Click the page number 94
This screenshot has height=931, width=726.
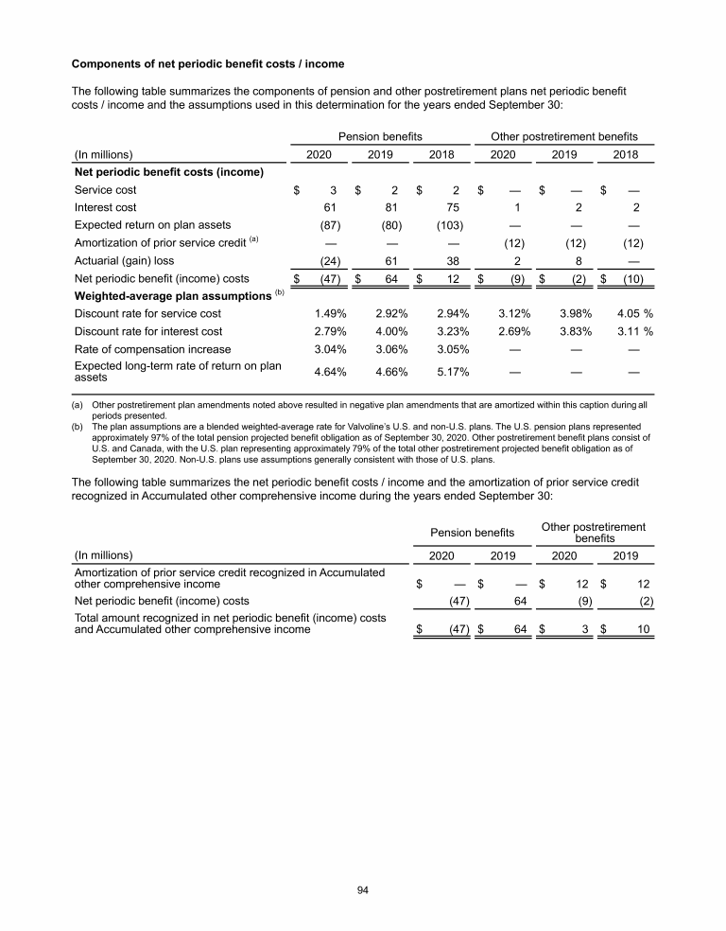click(x=362, y=889)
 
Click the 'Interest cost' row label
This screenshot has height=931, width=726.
click(x=105, y=207)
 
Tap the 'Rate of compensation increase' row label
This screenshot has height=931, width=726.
click(x=151, y=349)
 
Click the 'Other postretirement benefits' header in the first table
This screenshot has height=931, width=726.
click(x=564, y=136)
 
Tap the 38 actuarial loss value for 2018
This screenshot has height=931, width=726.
click(x=454, y=260)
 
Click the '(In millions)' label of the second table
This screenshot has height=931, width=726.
click(x=104, y=554)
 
